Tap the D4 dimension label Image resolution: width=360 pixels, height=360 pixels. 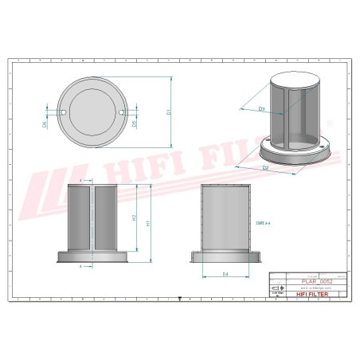tap(226, 275)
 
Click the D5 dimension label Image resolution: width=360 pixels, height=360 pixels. tap(135, 124)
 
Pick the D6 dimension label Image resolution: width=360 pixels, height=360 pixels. tap(45, 124)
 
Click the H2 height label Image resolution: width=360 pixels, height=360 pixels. tap(135, 217)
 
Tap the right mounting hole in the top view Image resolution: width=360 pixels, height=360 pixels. tap(122, 114)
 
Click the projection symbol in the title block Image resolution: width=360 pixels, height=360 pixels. tap(276, 288)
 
